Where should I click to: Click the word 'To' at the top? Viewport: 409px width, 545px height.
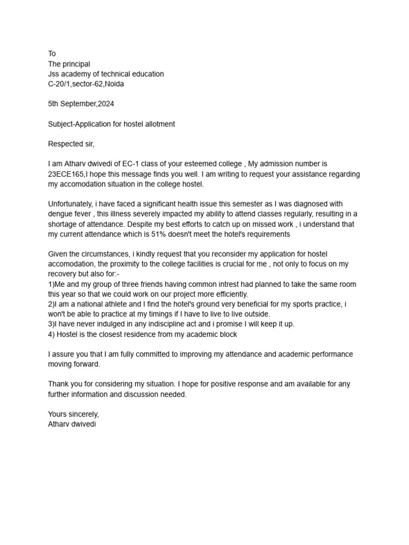click(52, 54)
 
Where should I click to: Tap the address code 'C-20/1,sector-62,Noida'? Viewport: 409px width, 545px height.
click(86, 84)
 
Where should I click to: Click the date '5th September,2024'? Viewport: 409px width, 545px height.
click(81, 104)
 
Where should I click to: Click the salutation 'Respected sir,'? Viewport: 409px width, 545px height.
click(71, 144)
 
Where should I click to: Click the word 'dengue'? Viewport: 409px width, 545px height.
click(60, 214)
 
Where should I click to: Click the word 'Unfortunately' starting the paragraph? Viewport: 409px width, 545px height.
click(70, 204)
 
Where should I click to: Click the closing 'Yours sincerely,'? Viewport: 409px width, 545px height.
click(73, 414)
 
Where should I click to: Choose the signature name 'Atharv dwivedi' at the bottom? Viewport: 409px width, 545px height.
click(72, 424)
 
